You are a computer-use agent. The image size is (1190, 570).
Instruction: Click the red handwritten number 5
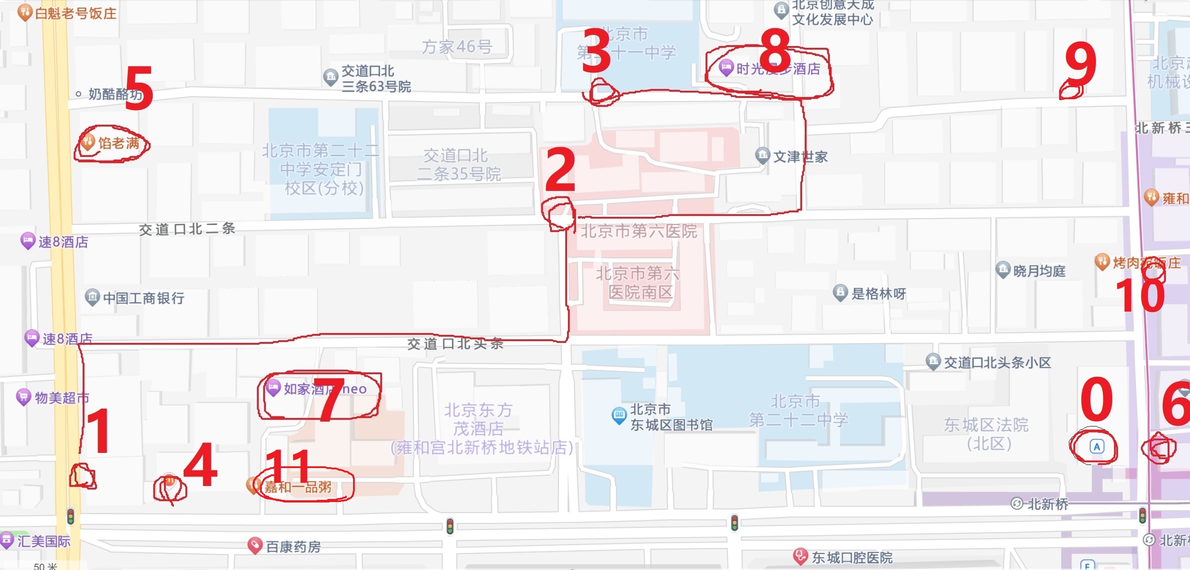(x=139, y=87)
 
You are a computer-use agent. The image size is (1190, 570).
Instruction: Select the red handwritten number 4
(x=200, y=464)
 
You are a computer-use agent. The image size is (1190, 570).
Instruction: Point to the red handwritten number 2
(x=560, y=170)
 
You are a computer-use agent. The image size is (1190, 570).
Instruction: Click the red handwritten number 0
(x=1096, y=398)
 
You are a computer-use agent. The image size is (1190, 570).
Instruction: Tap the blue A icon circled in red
(x=1097, y=447)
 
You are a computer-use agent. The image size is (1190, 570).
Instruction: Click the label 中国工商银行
(x=143, y=298)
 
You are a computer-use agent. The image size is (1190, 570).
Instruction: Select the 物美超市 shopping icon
(x=23, y=397)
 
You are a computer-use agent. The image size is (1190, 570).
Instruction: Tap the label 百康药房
(x=293, y=547)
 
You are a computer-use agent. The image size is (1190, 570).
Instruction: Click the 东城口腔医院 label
(x=852, y=557)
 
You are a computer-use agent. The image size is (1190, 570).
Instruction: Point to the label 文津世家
(x=800, y=157)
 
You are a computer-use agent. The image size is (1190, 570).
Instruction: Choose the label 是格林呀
(x=878, y=294)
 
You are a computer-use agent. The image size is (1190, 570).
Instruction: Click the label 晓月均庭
(x=1039, y=271)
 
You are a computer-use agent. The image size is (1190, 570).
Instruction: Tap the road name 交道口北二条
(x=187, y=229)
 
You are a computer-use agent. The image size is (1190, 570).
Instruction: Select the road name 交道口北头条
(x=455, y=343)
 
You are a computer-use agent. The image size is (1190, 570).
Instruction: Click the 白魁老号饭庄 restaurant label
(x=76, y=13)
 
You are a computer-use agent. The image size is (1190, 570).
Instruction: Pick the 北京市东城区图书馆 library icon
(x=618, y=415)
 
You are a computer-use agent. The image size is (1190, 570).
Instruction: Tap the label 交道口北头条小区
(x=997, y=363)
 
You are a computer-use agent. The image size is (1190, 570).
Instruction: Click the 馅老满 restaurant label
(x=118, y=144)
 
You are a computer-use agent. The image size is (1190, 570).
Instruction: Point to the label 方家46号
(x=456, y=46)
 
